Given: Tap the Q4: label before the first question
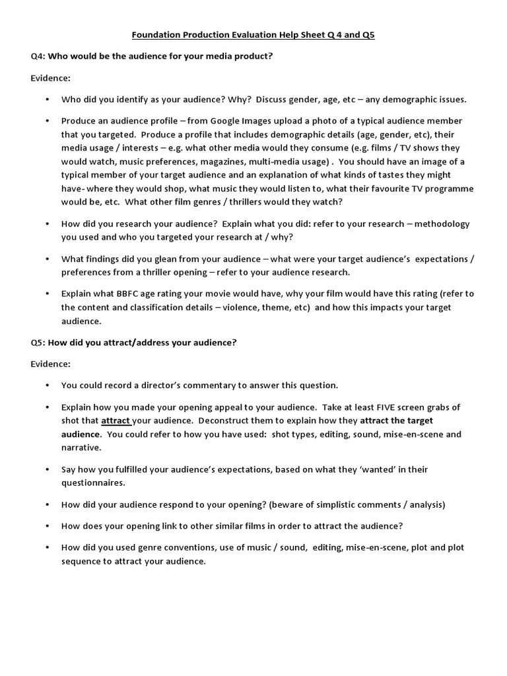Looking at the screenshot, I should click(x=38, y=56).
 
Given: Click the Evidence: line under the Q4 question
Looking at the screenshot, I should click(x=51, y=78).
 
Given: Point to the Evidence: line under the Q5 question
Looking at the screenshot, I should click(x=51, y=364).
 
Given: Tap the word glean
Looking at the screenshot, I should click(x=168, y=259).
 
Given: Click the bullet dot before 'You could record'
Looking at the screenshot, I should click(x=48, y=386).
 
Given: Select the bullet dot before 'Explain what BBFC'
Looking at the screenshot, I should click(x=48, y=294).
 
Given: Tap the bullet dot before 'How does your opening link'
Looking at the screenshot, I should click(x=48, y=526).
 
